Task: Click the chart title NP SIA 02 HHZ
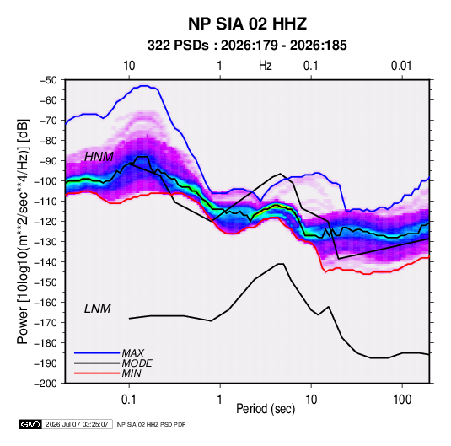click(247, 24)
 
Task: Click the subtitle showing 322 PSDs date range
click(247, 46)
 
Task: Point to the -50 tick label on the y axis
click(48, 80)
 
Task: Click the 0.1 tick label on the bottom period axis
click(129, 400)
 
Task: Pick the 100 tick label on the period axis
click(402, 400)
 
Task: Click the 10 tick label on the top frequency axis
click(129, 66)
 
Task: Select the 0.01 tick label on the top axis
click(401, 66)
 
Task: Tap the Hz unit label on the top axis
click(266, 66)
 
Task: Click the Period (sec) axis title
click(266, 409)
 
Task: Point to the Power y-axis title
click(23, 232)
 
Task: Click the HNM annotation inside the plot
click(99, 157)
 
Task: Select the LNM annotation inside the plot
click(98, 309)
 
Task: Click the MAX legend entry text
click(132, 353)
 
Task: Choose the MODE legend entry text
click(137, 363)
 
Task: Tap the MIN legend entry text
click(132, 373)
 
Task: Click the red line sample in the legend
click(97, 373)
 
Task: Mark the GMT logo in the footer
click(31, 424)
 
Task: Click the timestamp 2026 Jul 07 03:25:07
click(77, 424)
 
